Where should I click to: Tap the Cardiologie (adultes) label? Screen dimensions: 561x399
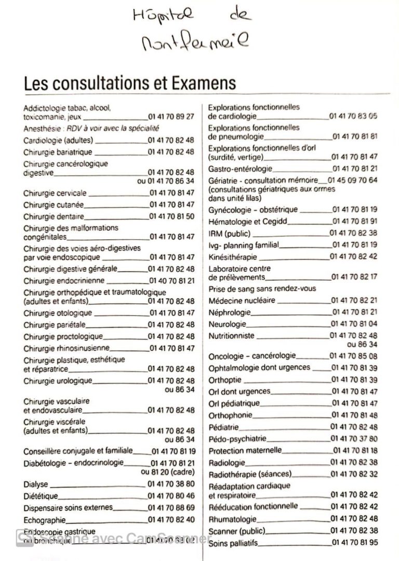[x=58, y=140]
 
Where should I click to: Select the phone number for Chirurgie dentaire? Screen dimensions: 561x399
[x=171, y=216]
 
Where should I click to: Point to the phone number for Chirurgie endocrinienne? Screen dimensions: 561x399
[x=171, y=281]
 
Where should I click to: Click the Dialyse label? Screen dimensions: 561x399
[x=36, y=484]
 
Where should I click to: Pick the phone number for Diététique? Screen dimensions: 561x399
[x=171, y=495]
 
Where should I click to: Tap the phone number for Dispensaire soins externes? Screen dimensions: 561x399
[x=171, y=507]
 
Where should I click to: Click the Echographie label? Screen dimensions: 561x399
[x=45, y=519]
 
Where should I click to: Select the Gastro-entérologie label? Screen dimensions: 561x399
[x=240, y=169]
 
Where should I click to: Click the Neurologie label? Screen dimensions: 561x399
[x=228, y=324]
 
